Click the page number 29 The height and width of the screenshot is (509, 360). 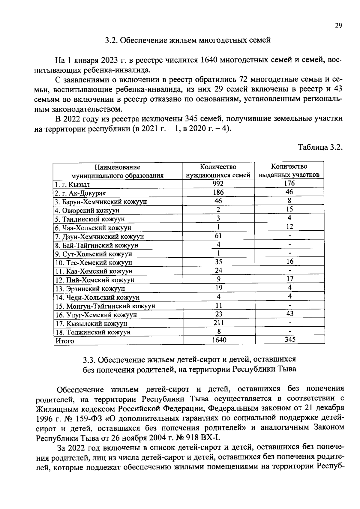click(x=338, y=26)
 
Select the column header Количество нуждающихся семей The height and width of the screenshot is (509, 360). click(x=218, y=171)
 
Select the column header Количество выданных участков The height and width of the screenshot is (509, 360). click(x=289, y=171)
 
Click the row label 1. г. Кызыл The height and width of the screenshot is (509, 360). click(x=72, y=184)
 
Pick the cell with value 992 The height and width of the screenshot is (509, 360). click(x=218, y=184)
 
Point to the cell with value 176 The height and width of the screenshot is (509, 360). click(x=289, y=183)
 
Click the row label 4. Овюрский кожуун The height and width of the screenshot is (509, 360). click(x=87, y=211)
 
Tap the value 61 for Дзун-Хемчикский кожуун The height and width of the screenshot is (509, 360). click(x=218, y=236)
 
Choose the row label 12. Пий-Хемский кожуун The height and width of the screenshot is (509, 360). click(x=94, y=280)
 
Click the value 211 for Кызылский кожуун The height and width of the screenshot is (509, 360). click(x=218, y=323)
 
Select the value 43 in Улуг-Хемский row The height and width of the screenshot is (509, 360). click(x=289, y=314)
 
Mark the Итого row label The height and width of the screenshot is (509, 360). click(x=64, y=341)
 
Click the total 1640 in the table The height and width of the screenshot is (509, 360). click(x=219, y=340)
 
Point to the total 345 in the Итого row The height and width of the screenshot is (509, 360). click(x=290, y=340)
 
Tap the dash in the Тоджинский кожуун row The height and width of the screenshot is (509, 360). click(x=289, y=332)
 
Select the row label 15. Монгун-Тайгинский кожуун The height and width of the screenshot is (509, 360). click(x=105, y=306)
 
